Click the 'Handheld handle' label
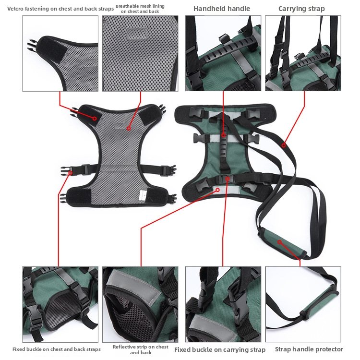click(x=221, y=9)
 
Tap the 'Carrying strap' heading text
click(x=301, y=9)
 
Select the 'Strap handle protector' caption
click(x=309, y=349)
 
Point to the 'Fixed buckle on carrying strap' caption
click(x=219, y=349)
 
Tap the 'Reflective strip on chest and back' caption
click(x=141, y=349)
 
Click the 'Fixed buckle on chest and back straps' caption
click(x=57, y=349)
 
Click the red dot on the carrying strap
click(x=283, y=144)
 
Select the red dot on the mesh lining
click(x=129, y=128)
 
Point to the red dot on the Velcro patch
click(x=95, y=118)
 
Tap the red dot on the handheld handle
click(x=224, y=135)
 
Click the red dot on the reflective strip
click(x=217, y=190)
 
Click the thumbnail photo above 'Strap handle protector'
click(x=303, y=304)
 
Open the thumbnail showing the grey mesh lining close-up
click(x=140, y=53)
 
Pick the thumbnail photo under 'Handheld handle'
click(x=223, y=53)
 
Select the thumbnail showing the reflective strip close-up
click(x=140, y=304)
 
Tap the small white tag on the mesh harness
click(x=142, y=194)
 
